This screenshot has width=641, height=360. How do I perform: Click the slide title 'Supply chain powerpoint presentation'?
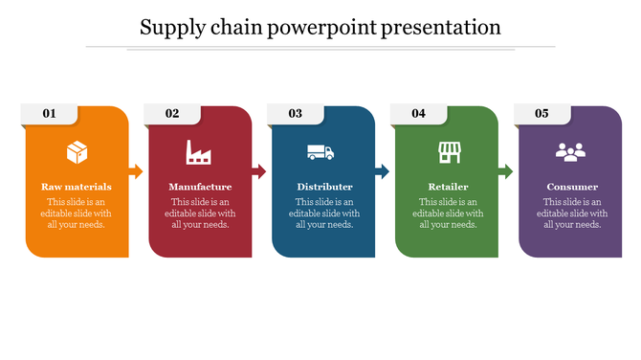click(x=320, y=27)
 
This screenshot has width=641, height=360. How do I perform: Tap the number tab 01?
click(x=49, y=114)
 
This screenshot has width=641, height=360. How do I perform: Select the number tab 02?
click(x=172, y=114)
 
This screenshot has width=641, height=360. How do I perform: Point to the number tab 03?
click(x=296, y=114)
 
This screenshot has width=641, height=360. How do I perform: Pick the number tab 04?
click(x=419, y=114)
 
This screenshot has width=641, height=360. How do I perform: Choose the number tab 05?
click(x=542, y=114)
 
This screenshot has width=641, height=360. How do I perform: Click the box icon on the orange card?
click(x=77, y=151)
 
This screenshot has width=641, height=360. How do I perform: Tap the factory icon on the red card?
click(x=199, y=151)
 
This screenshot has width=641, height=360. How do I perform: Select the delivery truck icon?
click(x=320, y=151)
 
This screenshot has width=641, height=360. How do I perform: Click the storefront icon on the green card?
click(x=449, y=151)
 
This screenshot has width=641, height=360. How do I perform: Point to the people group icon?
click(x=572, y=151)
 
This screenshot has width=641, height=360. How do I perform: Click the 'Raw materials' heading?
click(x=77, y=187)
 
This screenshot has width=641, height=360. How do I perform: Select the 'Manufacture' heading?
click(x=200, y=187)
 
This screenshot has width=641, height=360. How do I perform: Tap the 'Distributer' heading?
click(x=324, y=187)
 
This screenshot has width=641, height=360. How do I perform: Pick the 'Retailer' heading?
click(x=448, y=187)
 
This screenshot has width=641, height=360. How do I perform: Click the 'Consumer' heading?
click(x=572, y=187)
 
